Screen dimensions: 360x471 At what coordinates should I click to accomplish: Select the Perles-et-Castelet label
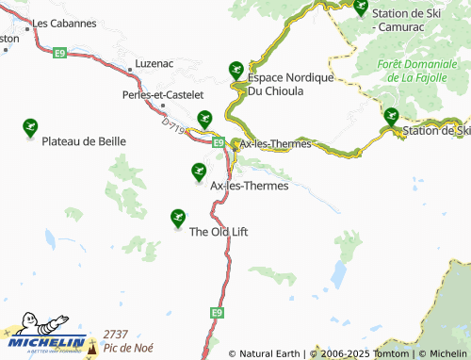(x=163, y=94)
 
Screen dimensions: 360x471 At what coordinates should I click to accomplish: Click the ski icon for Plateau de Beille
(x=29, y=126)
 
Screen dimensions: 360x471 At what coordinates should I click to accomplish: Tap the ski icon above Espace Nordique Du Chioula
(x=235, y=69)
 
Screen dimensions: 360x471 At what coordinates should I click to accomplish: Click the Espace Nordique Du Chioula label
(x=289, y=84)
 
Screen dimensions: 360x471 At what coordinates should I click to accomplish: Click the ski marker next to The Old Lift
(x=177, y=218)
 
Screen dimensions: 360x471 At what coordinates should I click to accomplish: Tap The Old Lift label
(x=219, y=231)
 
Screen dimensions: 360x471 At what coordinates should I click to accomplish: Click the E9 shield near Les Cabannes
(x=60, y=54)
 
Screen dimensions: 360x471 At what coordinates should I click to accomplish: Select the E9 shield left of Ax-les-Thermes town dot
(x=218, y=142)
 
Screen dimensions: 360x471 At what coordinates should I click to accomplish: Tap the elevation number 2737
(x=115, y=335)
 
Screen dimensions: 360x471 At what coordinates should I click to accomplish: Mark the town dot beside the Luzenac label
(x=129, y=70)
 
